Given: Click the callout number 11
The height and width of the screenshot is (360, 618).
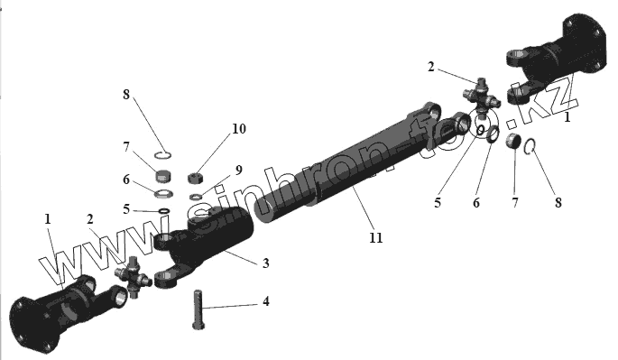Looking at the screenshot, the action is point(375,238).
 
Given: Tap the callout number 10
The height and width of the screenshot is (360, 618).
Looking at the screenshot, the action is point(239,129).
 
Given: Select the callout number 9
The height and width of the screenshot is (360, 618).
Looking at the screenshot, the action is point(238,170).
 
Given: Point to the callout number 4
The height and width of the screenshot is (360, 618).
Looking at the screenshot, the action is point(266,301).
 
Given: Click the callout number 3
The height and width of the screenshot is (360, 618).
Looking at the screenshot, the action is point(266,263).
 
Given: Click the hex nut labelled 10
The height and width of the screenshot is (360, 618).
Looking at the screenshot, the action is point(195,179).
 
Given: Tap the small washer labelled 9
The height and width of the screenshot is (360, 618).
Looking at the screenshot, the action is point(196,197).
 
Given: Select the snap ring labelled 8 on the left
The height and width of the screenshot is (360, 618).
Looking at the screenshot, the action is point(162,155).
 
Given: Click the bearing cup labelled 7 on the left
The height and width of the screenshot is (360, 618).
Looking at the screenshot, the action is point(163,176).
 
